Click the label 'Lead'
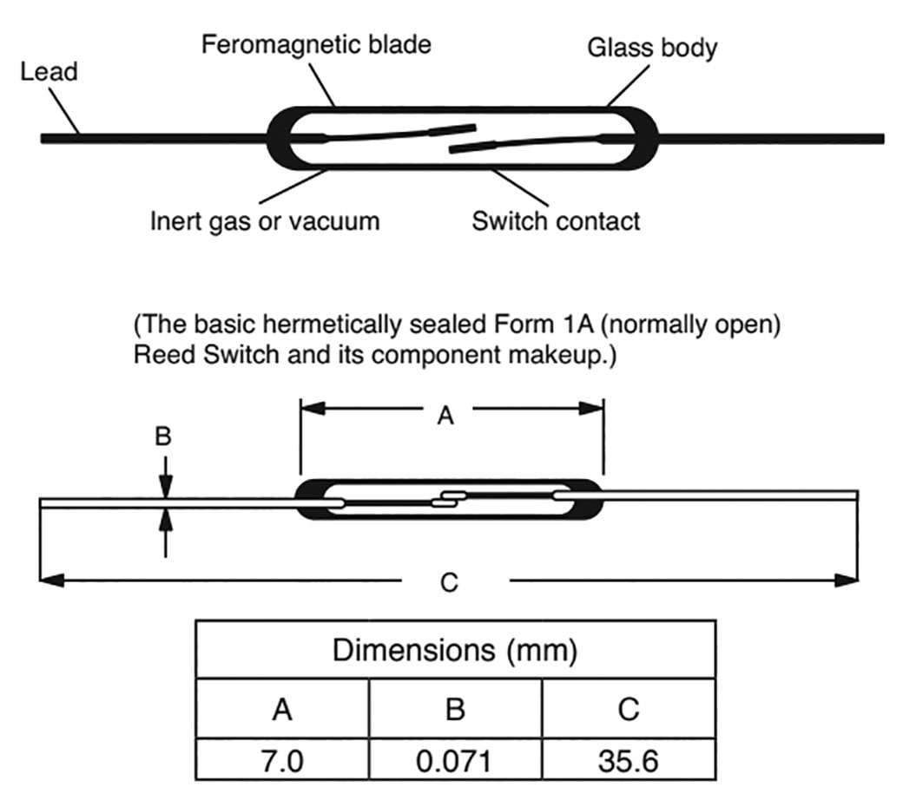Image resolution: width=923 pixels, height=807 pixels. coord(49,71)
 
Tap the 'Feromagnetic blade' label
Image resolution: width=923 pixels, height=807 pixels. coord(316,44)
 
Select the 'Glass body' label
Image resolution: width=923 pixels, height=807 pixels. coord(652,47)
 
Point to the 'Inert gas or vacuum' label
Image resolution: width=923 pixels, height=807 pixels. coord(265,220)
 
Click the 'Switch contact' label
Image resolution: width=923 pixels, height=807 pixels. coord(556,220)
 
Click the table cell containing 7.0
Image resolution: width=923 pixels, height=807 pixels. coord(282,761)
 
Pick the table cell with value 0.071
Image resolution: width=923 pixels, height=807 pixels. coord(455,761)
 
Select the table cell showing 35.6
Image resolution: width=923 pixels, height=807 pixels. coord(628,761)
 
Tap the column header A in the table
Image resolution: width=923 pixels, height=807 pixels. coord(282,710)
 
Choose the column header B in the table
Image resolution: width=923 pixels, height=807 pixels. coord(455,710)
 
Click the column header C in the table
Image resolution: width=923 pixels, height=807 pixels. coord(628,710)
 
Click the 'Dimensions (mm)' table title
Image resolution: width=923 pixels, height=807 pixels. coord(455,650)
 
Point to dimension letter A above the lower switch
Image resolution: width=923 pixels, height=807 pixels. coord(445,417)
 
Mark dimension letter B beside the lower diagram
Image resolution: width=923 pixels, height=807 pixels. coord(163,437)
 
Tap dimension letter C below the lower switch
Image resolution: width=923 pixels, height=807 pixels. coord(449,582)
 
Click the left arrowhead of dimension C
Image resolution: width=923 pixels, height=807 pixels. coord(50,580)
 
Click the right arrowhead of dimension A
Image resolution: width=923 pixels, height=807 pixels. coord(594,407)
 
